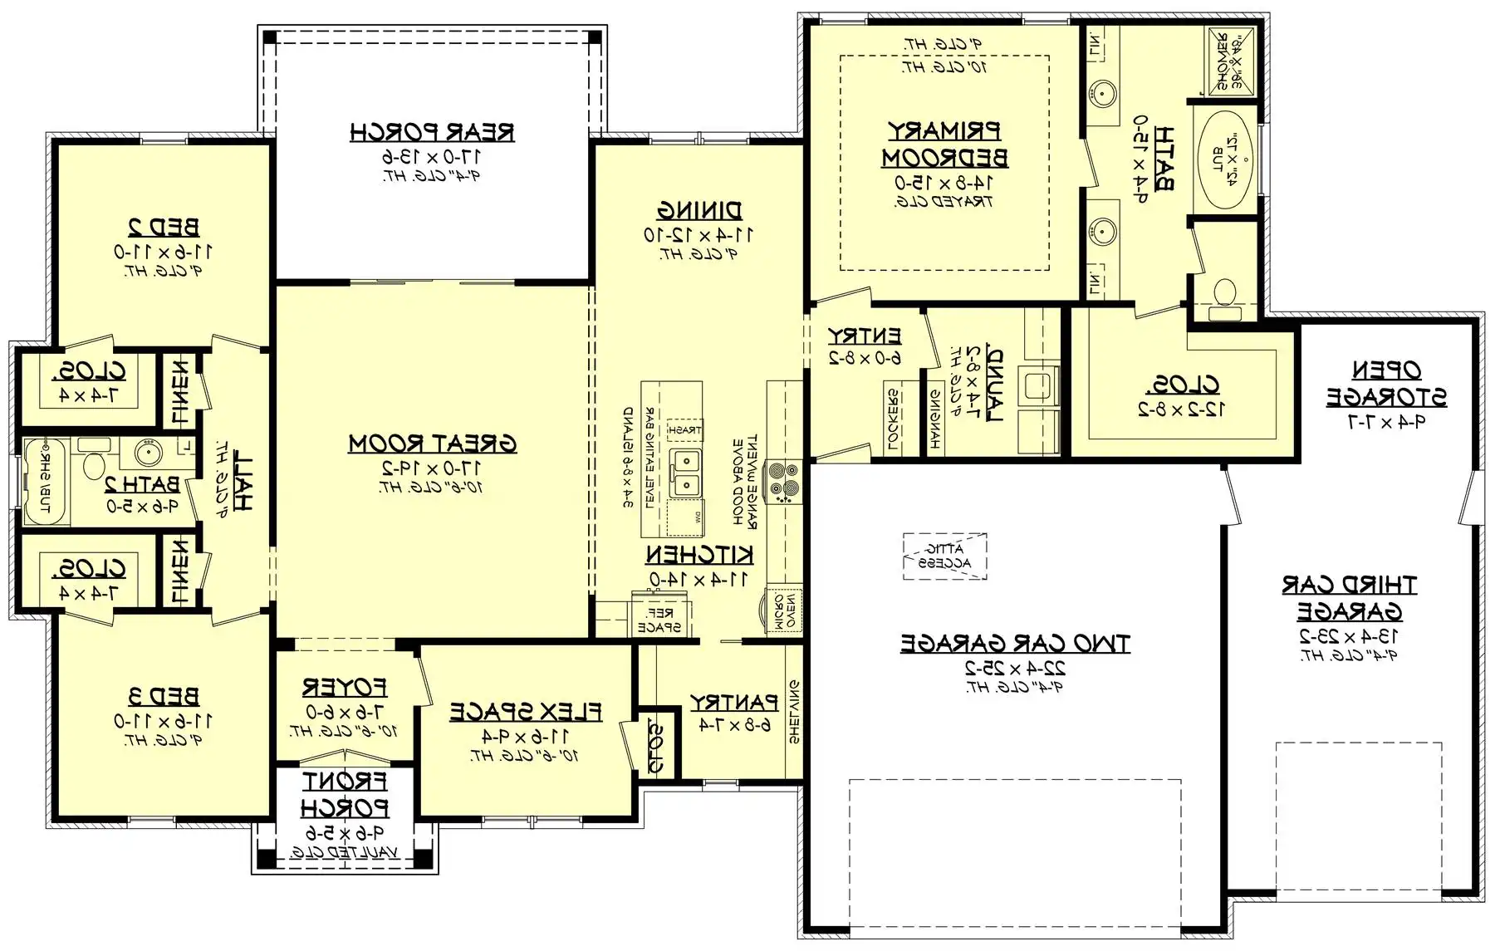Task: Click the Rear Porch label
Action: pyautogui.click(x=432, y=132)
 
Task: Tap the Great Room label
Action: pyautogui.click(x=432, y=444)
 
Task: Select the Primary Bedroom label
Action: pyautogui.click(x=944, y=144)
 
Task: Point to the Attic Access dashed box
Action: pyautogui.click(x=945, y=556)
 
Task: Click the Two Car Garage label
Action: pyautogui.click(x=1015, y=643)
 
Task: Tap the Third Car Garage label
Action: pyautogui.click(x=1349, y=598)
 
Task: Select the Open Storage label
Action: pyautogui.click(x=1386, y=383)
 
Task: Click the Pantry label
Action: pyautogui.click(x=734, y=703)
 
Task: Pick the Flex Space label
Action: pyautogui.click(x=525, y=712)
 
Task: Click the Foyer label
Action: pyautogui.click(x=344, y=688)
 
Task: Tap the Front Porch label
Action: pyautogui.click(x=344, y=794)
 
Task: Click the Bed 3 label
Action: pyautogui.click(x=164, y=696)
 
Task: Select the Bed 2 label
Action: pyautogui.click(x=164, y=226)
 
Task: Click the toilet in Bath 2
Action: pyautogui.click(x=94, y=463)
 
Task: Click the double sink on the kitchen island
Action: pyautogui.click(x=686, y=473)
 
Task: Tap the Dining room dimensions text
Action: pyautogui.click(x=699, y=235)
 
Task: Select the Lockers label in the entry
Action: pyautogui.click(x=894, y=420)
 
